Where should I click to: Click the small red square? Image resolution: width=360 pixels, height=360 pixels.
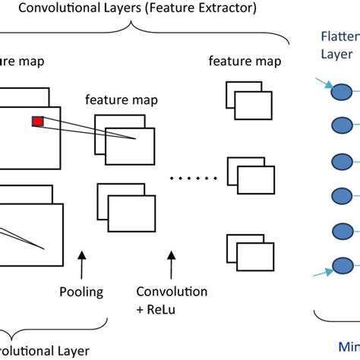pos(37,122)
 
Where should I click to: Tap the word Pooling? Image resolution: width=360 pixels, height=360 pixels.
pos(81,292)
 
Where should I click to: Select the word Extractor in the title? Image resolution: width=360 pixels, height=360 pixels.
pos(226,9)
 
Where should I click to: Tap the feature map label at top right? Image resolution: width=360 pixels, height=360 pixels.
pos(245,60)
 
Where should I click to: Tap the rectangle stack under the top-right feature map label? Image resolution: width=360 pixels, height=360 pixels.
pos(249,99)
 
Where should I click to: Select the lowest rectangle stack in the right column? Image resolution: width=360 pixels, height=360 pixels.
pos(249,252)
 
